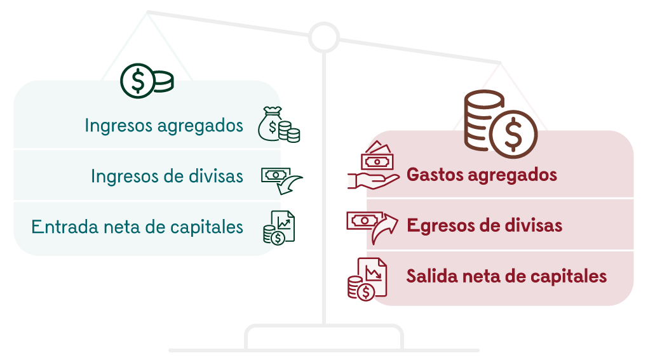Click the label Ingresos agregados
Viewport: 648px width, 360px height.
[164, 125]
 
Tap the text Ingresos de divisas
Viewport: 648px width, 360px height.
[167, 176]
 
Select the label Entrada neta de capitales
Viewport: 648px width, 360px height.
[137, 227]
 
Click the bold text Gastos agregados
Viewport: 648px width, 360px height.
[482, 174]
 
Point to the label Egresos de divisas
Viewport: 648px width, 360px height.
[484, 225]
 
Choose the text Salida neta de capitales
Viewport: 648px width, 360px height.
[506, 276]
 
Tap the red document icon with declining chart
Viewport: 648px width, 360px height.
[367, 278]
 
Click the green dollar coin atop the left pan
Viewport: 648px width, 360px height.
[146, 81]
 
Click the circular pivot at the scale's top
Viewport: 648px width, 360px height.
[324, 37]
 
